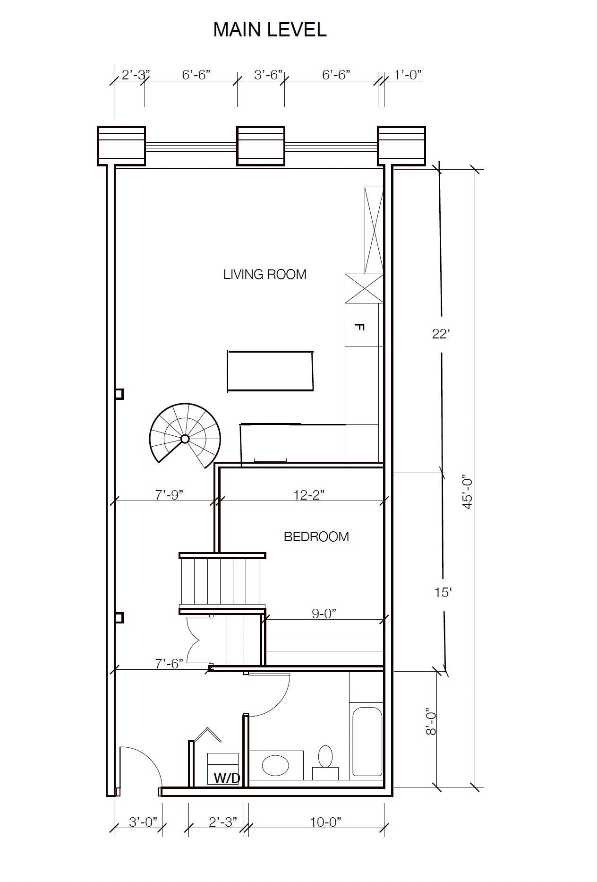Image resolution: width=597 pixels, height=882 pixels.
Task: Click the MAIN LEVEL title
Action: coord(270,30)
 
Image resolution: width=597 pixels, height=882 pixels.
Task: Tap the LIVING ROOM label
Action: coord(264,274)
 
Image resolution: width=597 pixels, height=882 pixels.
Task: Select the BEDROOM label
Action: coord(316,536)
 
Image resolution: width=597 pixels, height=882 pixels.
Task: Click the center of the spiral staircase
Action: coord(185,439)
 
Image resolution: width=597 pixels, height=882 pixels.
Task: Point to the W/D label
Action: coord(227,778)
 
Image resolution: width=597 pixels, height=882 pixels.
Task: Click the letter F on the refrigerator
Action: coord(359,327)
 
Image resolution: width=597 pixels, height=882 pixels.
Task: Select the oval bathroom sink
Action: coord(276,765)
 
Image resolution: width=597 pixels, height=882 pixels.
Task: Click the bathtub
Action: coord(367,741)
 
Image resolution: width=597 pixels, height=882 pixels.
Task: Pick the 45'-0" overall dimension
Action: coord(468,492)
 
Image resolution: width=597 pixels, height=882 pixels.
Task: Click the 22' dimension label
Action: coord(440,334)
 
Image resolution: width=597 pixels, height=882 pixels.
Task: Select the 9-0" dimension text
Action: coord(324,614)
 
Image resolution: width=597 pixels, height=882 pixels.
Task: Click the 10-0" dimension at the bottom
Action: coord(325,822)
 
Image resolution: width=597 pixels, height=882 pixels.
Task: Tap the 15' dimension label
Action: coord(443,592)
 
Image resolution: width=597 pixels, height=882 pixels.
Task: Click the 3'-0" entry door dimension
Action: coord(143,822)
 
